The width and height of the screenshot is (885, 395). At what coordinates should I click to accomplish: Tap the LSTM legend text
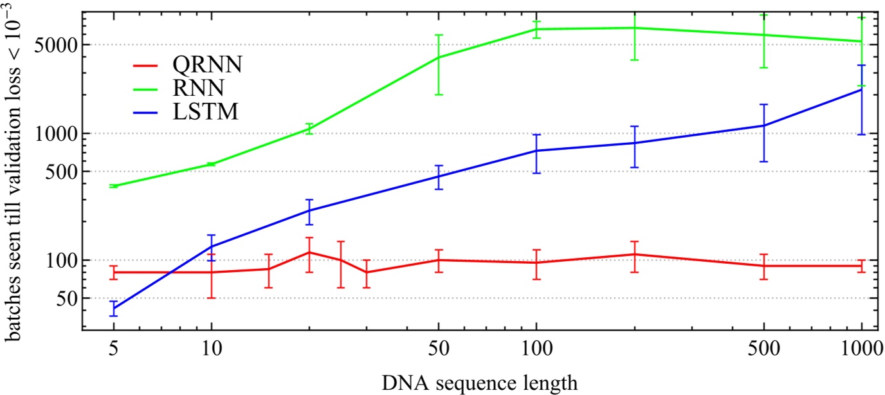coord(205,112)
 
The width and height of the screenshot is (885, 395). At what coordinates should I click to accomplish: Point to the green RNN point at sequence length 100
coord(536,29)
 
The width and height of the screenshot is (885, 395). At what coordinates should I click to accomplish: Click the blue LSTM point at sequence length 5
coord(114,308)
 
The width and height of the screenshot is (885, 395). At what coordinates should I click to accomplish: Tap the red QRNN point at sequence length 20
coord(309,252)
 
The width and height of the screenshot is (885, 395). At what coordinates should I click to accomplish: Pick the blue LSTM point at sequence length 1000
coord(861,89)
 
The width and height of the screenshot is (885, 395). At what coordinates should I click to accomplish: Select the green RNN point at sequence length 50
coord(438,57)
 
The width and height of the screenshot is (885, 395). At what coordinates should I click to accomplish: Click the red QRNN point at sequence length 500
coord(763,266)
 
